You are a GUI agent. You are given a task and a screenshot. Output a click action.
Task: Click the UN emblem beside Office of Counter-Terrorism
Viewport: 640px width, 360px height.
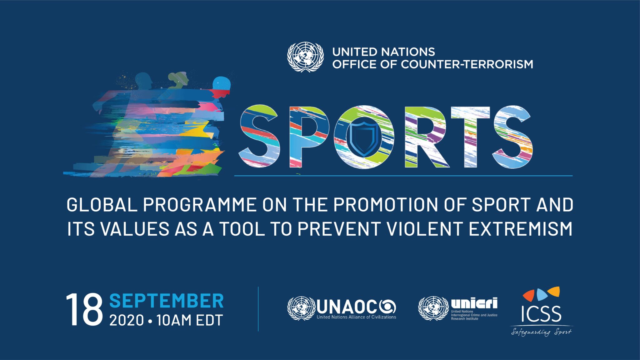coord(305,57)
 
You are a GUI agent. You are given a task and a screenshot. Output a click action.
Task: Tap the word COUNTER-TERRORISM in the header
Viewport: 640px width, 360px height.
coord(467,64)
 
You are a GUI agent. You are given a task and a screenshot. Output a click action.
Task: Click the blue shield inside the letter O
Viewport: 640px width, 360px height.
coord(364,138)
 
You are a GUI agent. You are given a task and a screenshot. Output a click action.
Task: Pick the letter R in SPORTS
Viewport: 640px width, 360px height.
coord(427,137)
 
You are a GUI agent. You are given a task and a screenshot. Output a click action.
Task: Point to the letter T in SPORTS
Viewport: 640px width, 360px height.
coord(471,137)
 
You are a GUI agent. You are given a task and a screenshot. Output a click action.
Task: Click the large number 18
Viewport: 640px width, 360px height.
coord(84,309)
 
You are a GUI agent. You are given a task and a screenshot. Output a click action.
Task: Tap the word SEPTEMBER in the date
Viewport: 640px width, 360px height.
coord(166,301)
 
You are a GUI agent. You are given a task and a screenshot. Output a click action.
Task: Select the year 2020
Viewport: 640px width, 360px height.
coord(127,320)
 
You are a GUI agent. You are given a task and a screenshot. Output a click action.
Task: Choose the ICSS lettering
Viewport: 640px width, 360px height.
coord(541,314)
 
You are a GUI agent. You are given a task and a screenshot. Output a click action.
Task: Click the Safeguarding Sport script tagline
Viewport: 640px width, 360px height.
coord(542,332)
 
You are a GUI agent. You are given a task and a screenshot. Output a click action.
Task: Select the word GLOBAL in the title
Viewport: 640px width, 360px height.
coord(102,205)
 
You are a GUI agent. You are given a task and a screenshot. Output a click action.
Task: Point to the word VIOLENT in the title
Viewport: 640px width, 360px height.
coord(425,229)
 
